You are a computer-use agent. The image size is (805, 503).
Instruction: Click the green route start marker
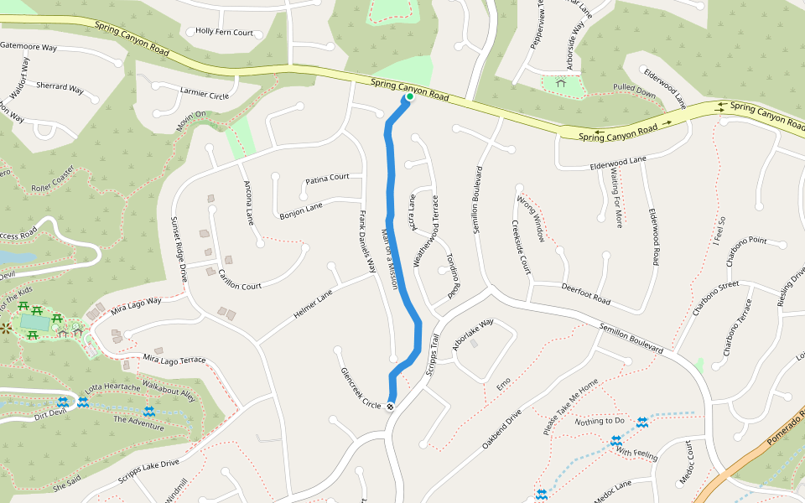[x=410, y=97]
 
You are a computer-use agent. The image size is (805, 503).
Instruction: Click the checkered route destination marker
[x=390, y=407]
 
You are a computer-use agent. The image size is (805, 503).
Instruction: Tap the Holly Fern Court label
[x=224, y=33]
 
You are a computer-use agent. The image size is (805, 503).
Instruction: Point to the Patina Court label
[x=327, y=179]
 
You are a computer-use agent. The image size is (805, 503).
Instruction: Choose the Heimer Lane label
[x=313, y=305]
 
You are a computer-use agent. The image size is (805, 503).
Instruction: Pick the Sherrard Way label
[x=60, y=87]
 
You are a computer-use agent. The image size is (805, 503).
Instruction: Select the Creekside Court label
[x=521, y=248]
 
